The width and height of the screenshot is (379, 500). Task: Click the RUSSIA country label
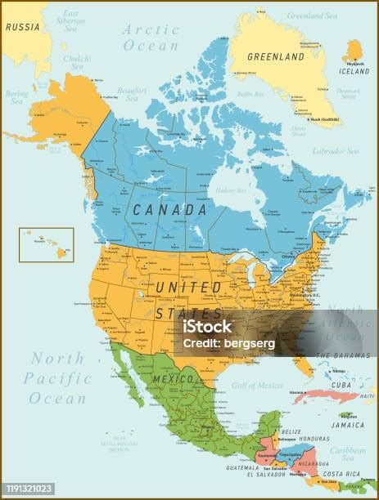22,25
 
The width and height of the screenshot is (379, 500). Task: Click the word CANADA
170,210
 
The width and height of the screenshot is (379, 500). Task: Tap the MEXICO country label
174,380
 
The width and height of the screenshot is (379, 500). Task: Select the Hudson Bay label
230,190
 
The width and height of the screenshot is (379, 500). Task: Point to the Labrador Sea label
336,151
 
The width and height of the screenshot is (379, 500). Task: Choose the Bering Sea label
16,97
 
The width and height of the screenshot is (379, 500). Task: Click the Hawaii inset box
47,244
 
